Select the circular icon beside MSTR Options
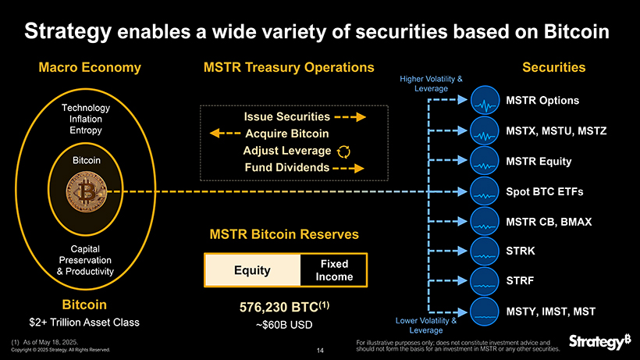486,102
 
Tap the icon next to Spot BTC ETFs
486,192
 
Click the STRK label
521,251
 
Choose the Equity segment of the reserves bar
252,270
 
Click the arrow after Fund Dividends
348,168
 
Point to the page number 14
320,350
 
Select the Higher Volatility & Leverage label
431,84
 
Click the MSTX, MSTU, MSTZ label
556,131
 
